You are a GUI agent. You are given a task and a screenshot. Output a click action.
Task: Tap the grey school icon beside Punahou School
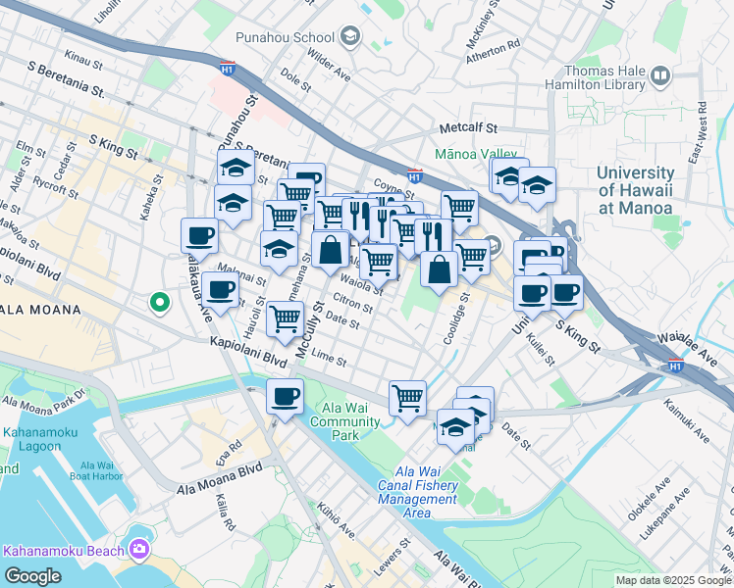click(350, 38)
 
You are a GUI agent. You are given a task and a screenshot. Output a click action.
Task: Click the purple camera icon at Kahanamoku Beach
click(138, 549)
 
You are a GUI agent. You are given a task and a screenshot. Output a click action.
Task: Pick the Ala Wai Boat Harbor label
click(102, 471)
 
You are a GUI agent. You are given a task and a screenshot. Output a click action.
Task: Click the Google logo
click(32, 576)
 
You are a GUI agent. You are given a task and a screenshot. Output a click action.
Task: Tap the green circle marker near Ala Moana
click(159, 303)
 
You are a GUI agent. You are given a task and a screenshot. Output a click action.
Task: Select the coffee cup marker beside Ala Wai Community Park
click(285, 397)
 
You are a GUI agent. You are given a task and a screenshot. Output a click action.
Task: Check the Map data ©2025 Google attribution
click(673, 580)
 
